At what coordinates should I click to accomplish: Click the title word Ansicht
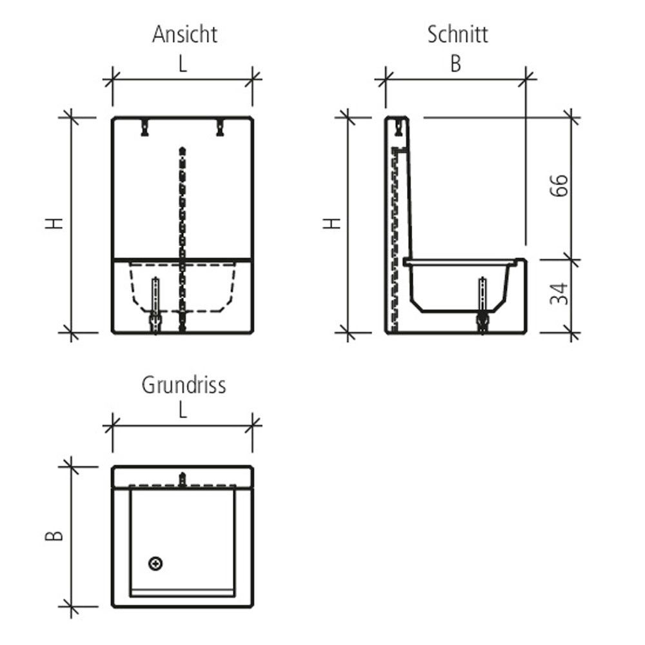click(x=184, y=34)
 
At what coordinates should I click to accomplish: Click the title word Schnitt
click(x=458, y=34)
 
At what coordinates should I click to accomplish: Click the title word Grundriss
click(x=184, y=385)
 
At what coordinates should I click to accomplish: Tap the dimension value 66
click(x=559, y=186)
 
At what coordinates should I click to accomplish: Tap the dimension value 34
click(x=559, y=293)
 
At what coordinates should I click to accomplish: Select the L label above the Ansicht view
click(x=184, y=64)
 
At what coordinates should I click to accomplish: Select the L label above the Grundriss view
click(x=183, y=411)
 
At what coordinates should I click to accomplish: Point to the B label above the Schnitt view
click(x=456, y=64)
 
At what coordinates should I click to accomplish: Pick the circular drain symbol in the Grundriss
click(x=155, y=564)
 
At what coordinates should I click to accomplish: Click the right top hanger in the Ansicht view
click(x=220, y=127)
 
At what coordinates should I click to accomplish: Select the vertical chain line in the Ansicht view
click(x=183, y=213)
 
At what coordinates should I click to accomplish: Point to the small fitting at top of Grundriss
click(x=183, y=479)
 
